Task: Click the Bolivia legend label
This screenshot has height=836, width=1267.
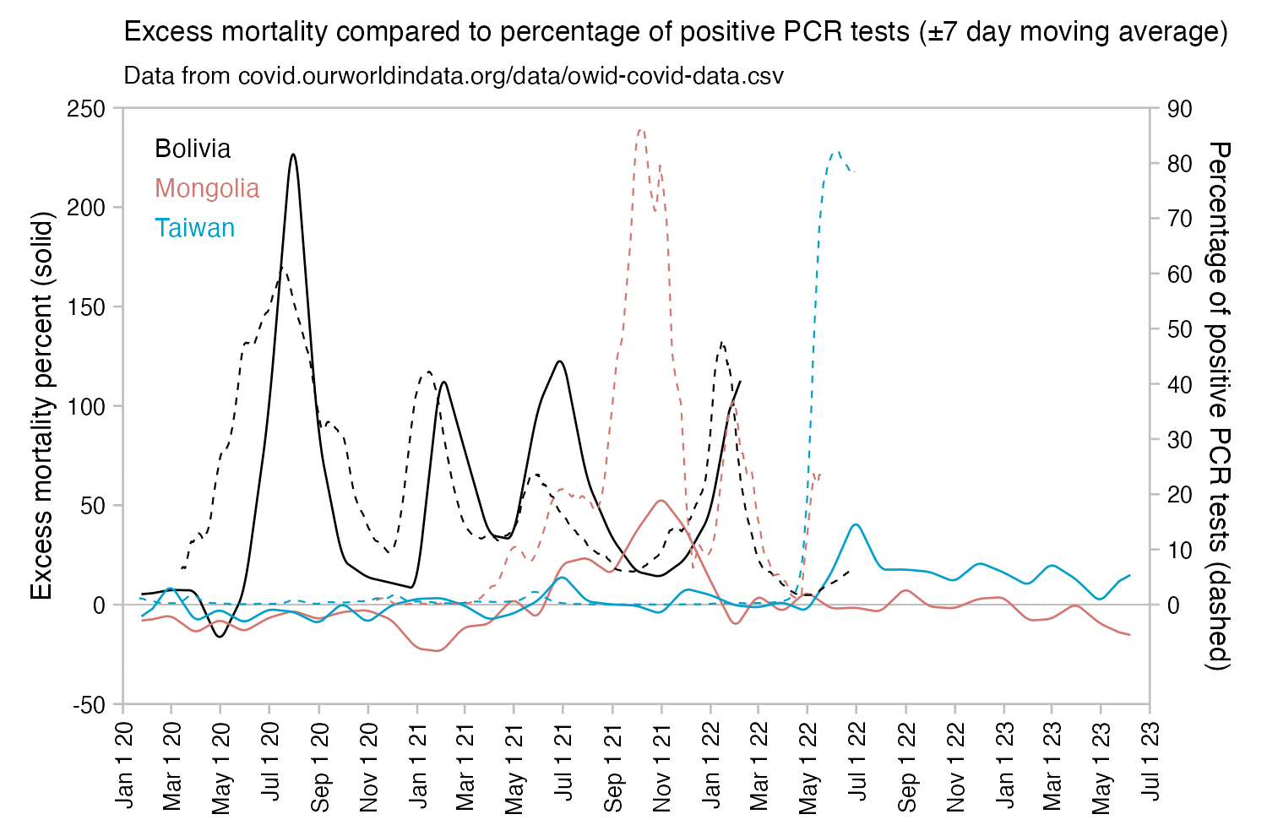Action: click(x=193, y=149)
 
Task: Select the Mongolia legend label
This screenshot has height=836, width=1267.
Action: click(x=207, y=188)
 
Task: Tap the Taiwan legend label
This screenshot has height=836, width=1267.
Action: click(x=194, y=228)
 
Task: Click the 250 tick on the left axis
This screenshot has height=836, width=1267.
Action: click(x=88, y=109)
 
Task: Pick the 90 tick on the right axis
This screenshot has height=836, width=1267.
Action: click(x=1178, y=109)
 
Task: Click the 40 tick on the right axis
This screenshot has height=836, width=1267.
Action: click(x=1178, y=385)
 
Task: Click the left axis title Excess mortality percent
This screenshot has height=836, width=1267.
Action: click(x=42, y=405)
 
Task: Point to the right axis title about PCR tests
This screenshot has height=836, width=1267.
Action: click(x=1218, y=405)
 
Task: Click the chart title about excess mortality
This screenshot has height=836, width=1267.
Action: click(x=675, y=33)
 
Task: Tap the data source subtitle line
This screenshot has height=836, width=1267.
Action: click(x=454, y=76)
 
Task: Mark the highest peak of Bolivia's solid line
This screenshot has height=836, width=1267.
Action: click(x=292, y=155)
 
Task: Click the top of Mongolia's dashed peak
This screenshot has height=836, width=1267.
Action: click(x=641, y=129)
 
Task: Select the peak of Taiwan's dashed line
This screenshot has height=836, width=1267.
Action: click(x=836, y=152)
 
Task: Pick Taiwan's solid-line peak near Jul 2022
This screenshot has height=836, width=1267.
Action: click(x=856, y=524)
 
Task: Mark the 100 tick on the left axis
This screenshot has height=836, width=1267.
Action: click(x=88, y=406)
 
